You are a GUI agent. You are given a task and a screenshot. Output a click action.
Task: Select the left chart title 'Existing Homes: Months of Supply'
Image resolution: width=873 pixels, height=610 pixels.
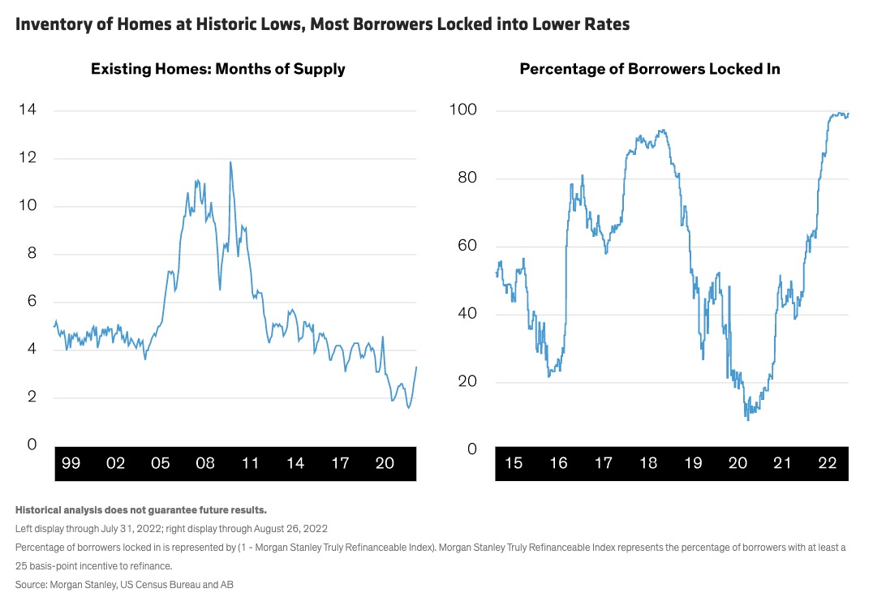click(x=217, y=69)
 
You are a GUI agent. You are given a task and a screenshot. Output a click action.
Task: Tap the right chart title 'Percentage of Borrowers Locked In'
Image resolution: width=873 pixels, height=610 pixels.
click(x=649, y=69)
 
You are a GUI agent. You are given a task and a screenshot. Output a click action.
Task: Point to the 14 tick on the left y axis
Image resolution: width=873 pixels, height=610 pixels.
click(x=28, y=110)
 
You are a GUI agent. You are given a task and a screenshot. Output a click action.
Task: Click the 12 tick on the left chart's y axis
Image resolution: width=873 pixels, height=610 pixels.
click(x=28, y=158)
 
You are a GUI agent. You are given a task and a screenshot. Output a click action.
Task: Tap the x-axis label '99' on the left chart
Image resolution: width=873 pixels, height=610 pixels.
click(x=71, y=463)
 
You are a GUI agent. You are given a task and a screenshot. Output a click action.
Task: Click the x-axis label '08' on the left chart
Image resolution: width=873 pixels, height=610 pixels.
click(x=204, y=463)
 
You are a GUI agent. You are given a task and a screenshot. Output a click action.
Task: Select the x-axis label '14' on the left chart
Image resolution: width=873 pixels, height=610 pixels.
click(x=295, y=463)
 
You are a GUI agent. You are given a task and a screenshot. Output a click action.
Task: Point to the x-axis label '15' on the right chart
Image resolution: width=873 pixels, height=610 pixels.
click(x=513, y=463)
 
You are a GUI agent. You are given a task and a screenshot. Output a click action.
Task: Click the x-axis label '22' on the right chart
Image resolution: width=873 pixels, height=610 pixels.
click(x=827, y=463)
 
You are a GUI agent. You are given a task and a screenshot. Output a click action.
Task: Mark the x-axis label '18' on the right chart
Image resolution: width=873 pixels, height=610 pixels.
click(x=647, y=463)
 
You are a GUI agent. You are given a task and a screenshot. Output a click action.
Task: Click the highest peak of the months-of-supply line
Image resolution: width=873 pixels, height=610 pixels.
click(x=230, y=161)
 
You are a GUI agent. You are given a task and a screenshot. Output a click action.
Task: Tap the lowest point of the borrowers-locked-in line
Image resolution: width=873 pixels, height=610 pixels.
click(x=747, y=419)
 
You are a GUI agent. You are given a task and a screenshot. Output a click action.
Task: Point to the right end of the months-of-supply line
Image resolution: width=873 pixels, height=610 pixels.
click(x=416, y=367)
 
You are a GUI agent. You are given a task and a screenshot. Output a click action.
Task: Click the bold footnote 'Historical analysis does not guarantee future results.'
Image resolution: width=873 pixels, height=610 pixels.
click(x=141, y=510)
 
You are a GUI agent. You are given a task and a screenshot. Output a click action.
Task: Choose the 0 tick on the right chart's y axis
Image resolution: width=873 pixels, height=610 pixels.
click(x=471, y=448)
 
